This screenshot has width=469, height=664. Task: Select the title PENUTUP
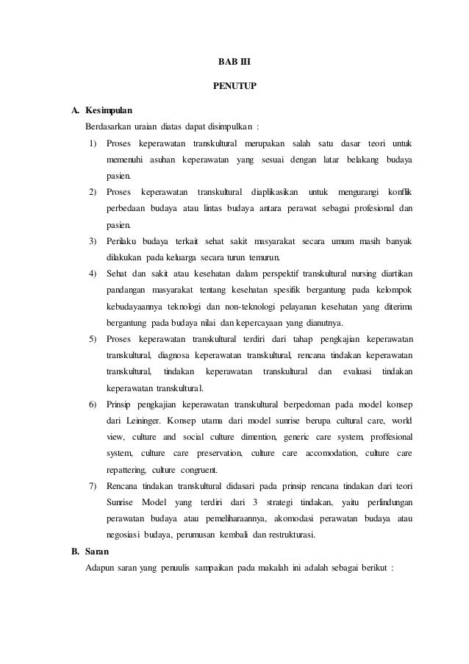234,86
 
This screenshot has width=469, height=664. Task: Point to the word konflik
398,192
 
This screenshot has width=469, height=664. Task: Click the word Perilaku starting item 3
123,241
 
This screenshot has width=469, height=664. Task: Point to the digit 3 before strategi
254,503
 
